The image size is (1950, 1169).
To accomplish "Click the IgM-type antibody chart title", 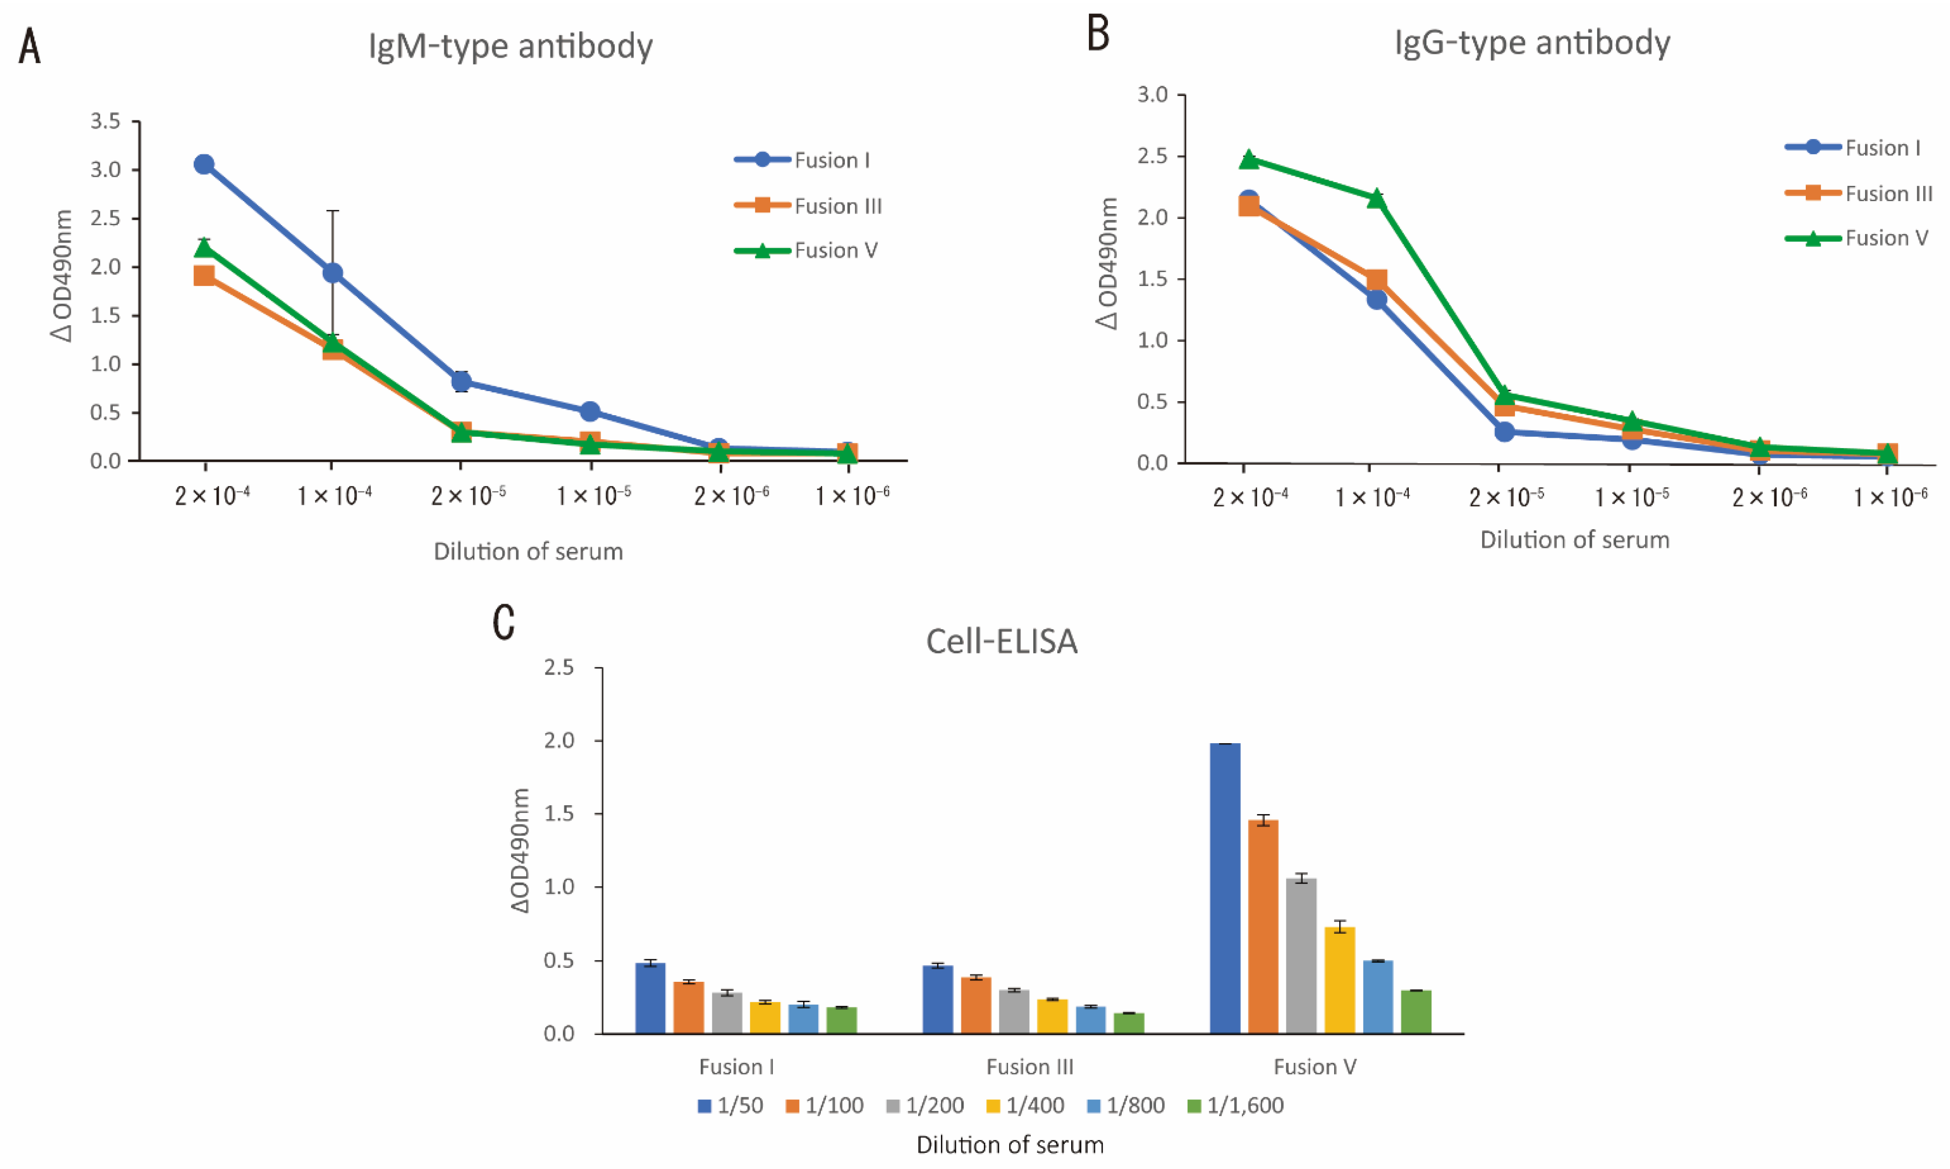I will [510, 46].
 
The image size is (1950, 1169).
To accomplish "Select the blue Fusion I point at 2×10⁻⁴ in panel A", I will [204, 164].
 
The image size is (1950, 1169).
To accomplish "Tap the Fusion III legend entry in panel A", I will [837, 206].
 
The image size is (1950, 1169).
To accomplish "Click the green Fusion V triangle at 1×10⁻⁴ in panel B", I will [1376, 198].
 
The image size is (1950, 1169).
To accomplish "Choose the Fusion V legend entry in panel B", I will [1886, 238].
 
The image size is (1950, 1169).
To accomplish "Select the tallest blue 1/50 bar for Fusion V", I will [1225, 888].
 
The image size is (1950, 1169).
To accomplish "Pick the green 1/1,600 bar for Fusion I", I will [842, 1020].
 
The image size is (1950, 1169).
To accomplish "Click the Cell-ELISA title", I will [1001, 641].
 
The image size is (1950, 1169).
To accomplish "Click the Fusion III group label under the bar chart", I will [1029, 1067].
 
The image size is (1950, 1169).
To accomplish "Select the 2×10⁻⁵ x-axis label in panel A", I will [468, 495].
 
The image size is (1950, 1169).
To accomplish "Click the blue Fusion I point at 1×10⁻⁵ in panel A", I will [589, 411].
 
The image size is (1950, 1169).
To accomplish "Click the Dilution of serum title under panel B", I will [1574, 540].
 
